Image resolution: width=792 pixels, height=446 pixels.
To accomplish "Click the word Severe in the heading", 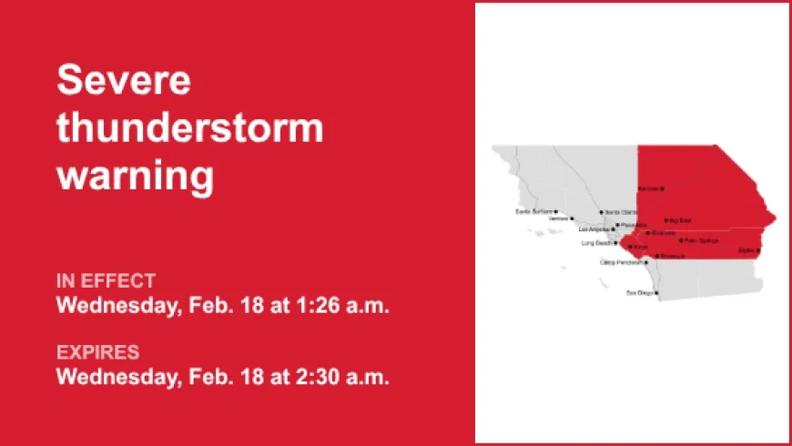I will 124,82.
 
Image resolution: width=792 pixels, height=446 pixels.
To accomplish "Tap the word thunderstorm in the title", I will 190,128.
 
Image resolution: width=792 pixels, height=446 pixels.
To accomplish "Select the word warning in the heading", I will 136,175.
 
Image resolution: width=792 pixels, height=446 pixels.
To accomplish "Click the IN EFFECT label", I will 106,280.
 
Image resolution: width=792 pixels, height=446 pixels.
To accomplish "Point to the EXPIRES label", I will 98,351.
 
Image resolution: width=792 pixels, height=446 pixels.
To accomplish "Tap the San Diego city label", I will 638,293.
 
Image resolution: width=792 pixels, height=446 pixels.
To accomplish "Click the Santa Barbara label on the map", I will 533,212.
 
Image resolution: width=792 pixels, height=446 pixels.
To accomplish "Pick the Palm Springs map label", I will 702,241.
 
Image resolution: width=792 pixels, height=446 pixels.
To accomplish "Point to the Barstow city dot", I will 662,188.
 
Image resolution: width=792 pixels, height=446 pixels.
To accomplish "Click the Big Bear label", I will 681,220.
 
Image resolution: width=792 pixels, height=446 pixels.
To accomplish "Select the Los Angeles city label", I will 595,229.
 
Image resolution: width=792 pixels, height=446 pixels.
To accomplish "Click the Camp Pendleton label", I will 622,262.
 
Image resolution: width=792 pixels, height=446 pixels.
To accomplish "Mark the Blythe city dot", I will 758,249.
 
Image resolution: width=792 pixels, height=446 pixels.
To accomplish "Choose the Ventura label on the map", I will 556,218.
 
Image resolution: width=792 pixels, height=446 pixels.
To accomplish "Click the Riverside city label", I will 664,233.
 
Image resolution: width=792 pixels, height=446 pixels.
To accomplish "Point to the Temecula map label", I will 673,257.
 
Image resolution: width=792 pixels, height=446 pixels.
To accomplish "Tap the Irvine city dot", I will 630,247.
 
